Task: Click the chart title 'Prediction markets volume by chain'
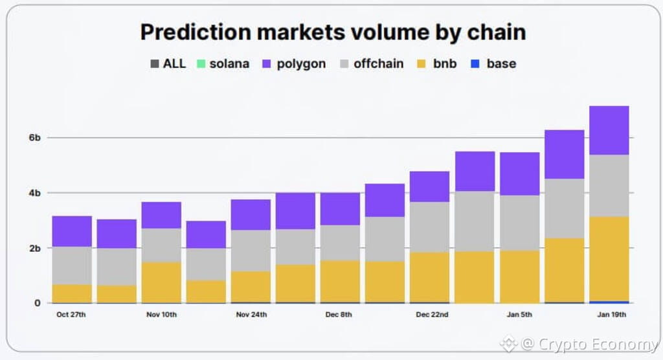pyautogui.click(x=333, y=33)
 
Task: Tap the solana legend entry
pyautogui.click(x=223, y=63)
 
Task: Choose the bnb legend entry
pyautogui.click(x=438, y=63)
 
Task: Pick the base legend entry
pyautogui.click(x=494, y=63)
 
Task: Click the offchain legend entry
pyautogui.click(x=372, y=63)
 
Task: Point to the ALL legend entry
pyautogui.click(x=168, y=63)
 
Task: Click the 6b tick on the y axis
pyautogui.click(x=34, y=138)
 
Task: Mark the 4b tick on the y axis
pyautogui.click(x=34, y=193)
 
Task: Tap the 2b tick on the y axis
pyautogui.click(x=34, y=248)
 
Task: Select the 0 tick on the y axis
pyautogui.click(x=38, y=302)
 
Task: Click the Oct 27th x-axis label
pyautogui.click(x=72, y=315)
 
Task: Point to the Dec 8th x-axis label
pyautogui.click(x=340, y=315)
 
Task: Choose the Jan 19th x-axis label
pyautogui.click(x=609, y=315)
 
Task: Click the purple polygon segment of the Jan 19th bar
pyautogui.click(x=609, y=130)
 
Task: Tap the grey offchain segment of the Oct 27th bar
pyautogui.click(x=72, y=265)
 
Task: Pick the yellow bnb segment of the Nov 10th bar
pyautogui.click(x=161, y=282)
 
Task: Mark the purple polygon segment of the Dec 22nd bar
pyautogui.click(x=429, y=186)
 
